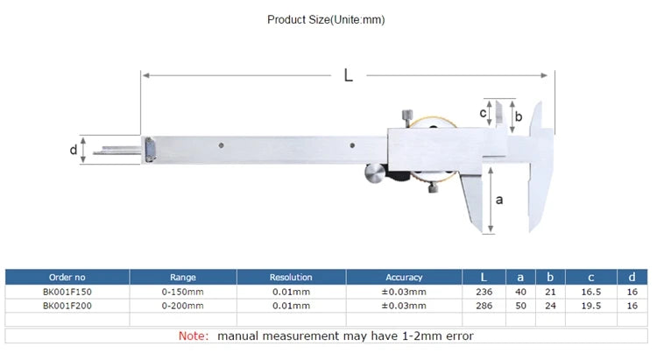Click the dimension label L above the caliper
click(x=348, y=75)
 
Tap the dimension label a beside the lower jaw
click(x=499, y=200)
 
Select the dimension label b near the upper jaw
click(x=519, y=116)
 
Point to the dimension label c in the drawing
click(x=483, y=113)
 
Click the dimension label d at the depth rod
click(x=74, y=149)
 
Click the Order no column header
click(x=67, y=277)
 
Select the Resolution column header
click(x=291, y=277)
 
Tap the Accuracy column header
click(x=404, y=278)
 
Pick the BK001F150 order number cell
click(x=67, y=292)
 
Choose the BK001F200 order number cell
click(x=67, y=306)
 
